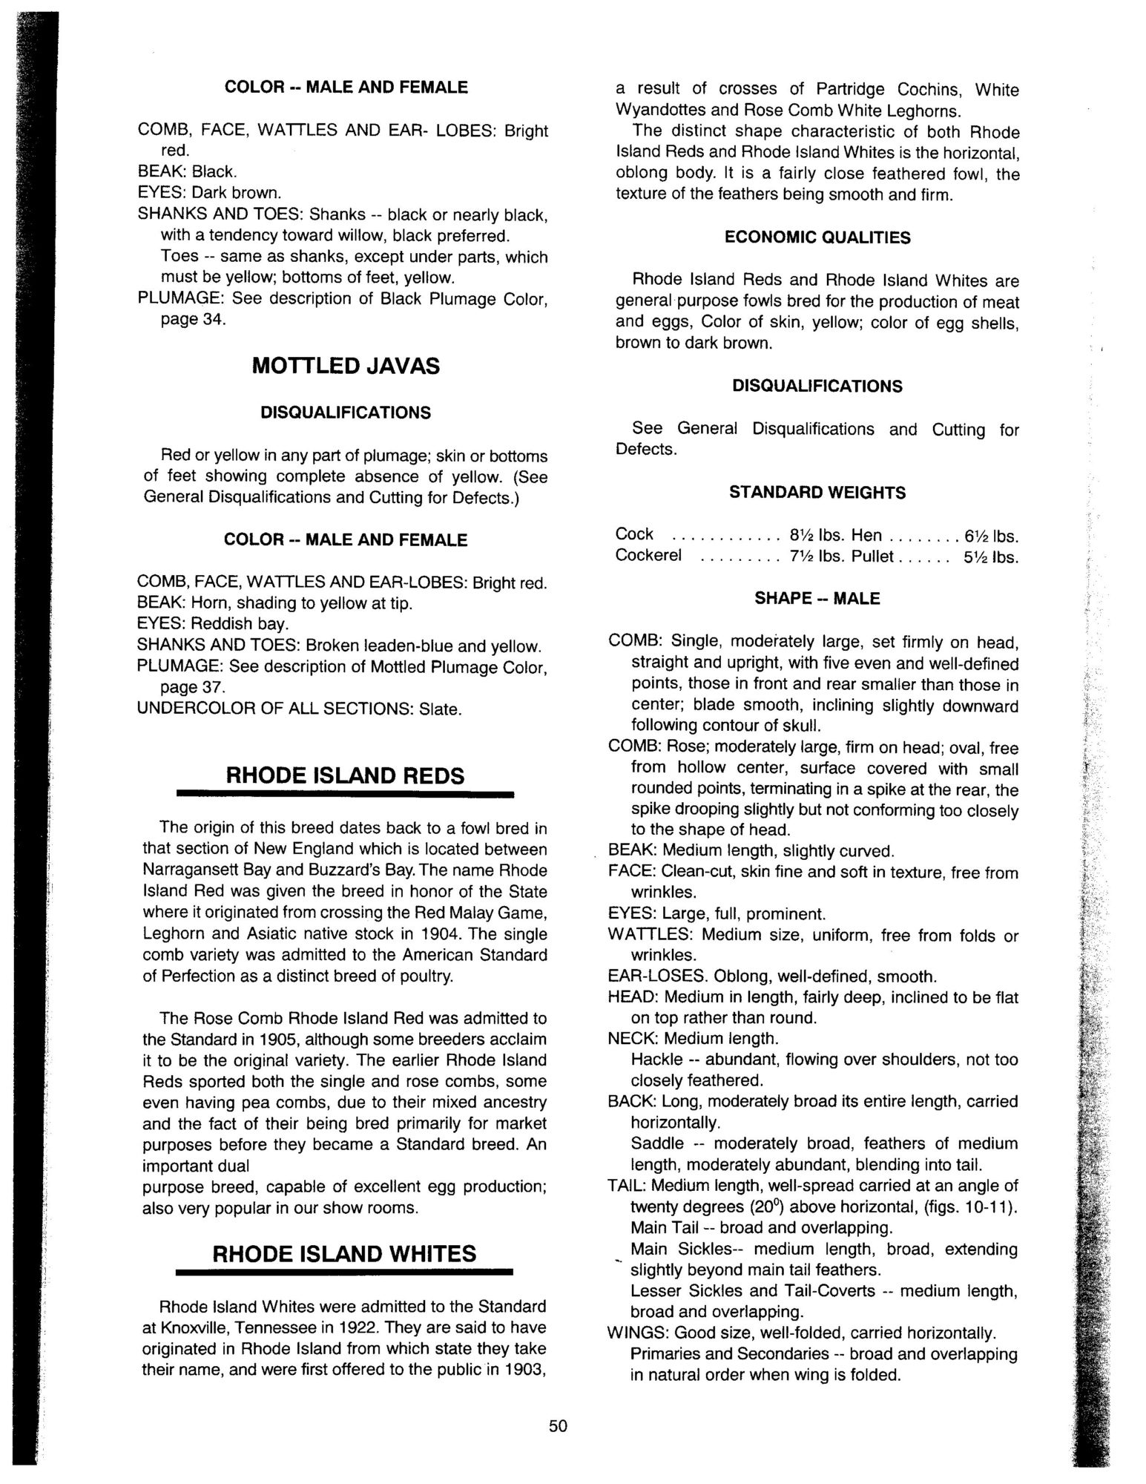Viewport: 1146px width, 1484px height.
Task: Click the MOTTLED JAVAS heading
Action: coord(345,366)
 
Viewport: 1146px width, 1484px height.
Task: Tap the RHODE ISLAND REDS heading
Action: coord(345,775)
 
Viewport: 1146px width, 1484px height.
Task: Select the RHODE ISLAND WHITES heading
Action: coord(345,1254)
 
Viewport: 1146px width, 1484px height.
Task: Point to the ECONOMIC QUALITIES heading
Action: coord(817,237)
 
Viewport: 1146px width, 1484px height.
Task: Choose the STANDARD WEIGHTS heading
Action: coord(817,493)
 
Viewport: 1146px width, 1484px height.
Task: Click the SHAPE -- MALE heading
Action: coord(817,598)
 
